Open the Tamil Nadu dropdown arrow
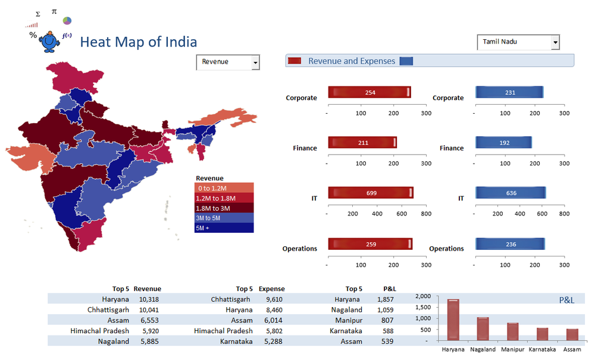(x=555, y=42)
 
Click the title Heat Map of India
(x=138, y=42)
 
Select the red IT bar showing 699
(x=370, y=193)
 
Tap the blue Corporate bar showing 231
(x=509, y=92)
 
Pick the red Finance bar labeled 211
(x=362, y=143)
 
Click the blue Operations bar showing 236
(x=510, y=243)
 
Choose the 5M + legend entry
(x=224, y=228)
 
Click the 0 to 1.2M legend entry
(x=224, y=189)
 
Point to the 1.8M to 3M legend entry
(x=224, y=208)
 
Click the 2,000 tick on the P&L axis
(x=422, y=296)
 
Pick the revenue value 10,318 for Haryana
(x=149, y=299)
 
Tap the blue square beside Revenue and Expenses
(x=406, y=61)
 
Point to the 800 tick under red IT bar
(x=426, y=214)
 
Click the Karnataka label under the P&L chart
(x=541, y=350)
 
